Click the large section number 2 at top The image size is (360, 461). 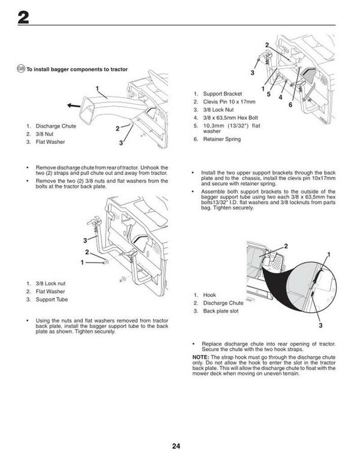click(x=23, y=17)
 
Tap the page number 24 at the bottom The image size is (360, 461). click(x=175, y=445)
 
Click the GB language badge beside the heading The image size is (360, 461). click(x=21, y=70)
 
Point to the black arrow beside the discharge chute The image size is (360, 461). click(x=75, y=106)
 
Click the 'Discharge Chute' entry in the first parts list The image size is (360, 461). click(x=55, y=126)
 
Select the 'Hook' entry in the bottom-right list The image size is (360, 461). click(x=209, y=295)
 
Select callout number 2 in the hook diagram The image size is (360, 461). click(x=277, y=246)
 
